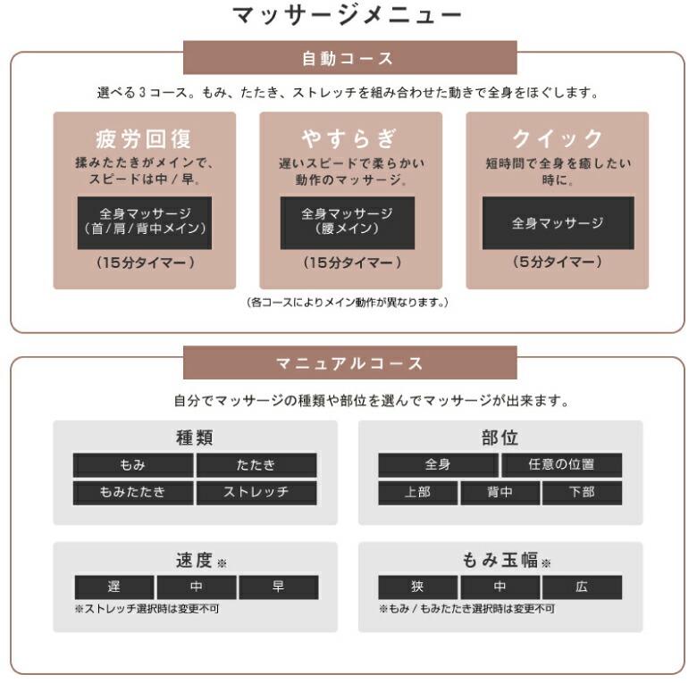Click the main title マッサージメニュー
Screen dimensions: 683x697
coord(348,15)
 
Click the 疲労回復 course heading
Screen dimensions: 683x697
coord(144,138)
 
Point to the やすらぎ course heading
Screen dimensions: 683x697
coord(349,138)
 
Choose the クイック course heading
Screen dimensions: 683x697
coord(558,138)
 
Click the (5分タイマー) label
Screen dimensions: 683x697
coord(558,262)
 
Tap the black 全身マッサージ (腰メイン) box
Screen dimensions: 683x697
coord(348,222)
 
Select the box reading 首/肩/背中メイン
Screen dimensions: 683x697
coord(144,222)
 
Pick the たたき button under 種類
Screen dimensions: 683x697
coord(256,465)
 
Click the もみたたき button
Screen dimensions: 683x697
coord(132,492)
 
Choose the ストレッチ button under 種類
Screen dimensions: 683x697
coord(256,492)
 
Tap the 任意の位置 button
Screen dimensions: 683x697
coord(561,464)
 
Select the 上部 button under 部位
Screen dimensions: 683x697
coord(417,492)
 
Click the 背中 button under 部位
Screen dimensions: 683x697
coord(500,492)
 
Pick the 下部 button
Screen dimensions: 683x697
coord(582,492)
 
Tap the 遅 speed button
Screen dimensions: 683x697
coord(113,587)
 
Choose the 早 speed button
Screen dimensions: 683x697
coord(278,587)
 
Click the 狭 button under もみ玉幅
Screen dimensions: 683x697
coord(417,587)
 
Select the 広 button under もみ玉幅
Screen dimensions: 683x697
coord(582,587)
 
